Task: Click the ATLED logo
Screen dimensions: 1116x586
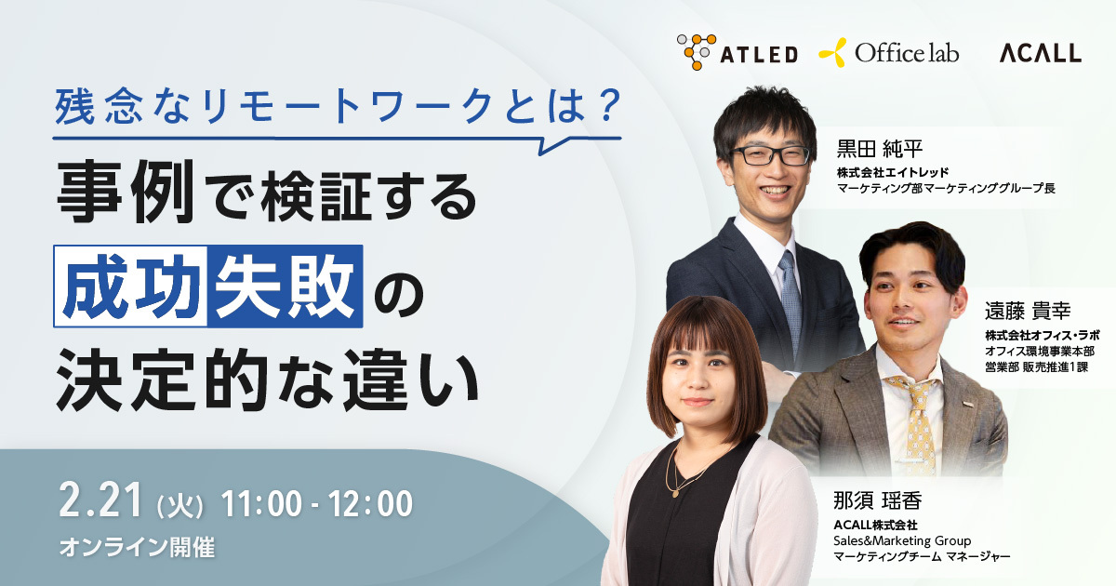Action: pos(737,52)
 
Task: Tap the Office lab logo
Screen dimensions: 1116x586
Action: pos(889,52)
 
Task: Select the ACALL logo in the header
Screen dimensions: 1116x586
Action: pos(1041,53)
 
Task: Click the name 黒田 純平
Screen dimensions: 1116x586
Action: pos(880,149)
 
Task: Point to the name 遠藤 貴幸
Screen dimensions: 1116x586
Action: pos(1028,311)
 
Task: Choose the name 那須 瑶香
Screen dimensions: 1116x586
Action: pos(877,500)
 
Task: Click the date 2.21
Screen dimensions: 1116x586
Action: pos(101,501)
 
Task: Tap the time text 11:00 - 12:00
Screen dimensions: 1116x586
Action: pos(317,504)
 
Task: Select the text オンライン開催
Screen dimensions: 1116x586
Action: pos(137,547)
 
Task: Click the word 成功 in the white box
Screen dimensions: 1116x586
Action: pos(130,286)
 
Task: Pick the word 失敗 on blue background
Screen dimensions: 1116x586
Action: pos(285,286)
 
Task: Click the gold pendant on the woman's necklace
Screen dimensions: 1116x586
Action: pos(675,493)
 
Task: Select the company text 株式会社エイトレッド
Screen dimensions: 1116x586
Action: pos(892,172)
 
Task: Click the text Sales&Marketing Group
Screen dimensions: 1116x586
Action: pos(902,540)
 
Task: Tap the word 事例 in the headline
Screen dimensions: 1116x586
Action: pos(126,192)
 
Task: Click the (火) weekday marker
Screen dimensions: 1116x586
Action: pos(180,506)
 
